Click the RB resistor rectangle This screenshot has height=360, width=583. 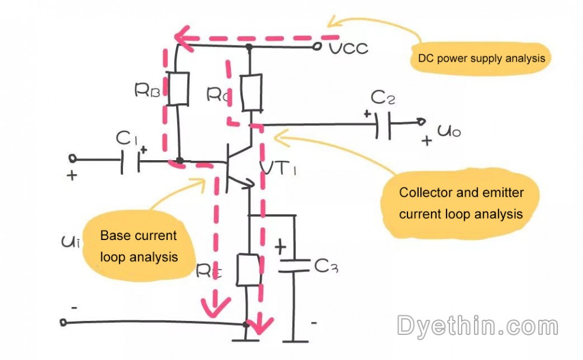[178, 89]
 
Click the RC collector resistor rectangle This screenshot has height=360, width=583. [251, 93]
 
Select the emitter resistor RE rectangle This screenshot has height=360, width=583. [248, 270]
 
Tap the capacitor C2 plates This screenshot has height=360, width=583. [384, 123]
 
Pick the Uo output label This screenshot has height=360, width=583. [449, 131]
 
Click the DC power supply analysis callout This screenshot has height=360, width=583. [481, 58]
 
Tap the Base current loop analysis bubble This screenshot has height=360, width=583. [139, 246]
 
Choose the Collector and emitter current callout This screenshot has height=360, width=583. [461, 203]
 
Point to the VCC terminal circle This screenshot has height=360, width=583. [318, 46]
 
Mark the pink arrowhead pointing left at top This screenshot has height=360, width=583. [183, 39]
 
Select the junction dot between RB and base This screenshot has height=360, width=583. [180, 161]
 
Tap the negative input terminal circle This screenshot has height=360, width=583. [64, 322]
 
